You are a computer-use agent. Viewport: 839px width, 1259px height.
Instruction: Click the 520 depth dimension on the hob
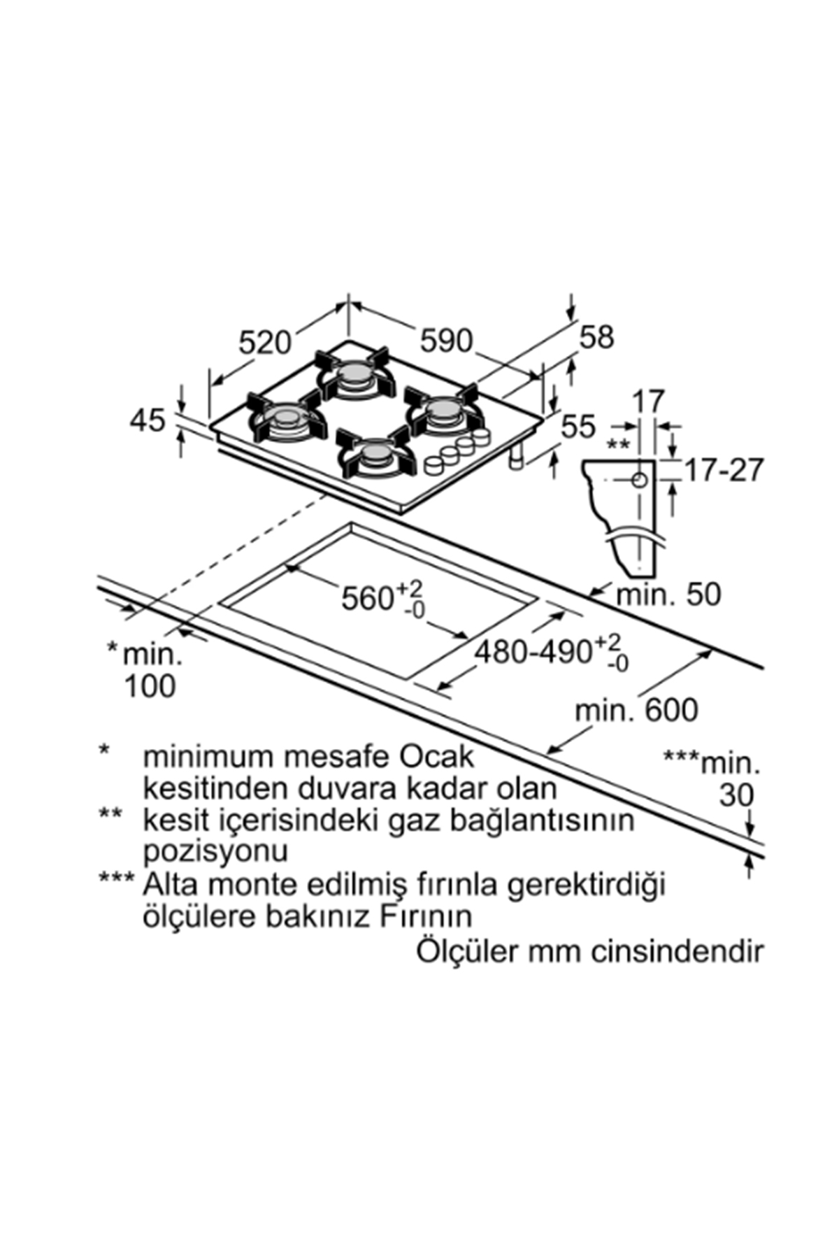click(264, 343)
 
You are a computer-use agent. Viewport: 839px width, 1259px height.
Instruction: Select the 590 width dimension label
click(446, 341)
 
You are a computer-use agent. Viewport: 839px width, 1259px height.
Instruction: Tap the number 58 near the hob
click(596, 337)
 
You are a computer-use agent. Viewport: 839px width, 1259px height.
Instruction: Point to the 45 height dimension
click(148, 420)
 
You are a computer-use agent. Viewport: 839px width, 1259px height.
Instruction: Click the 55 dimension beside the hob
click(578, 427)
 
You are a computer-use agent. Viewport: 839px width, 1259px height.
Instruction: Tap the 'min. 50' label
click(668, 595)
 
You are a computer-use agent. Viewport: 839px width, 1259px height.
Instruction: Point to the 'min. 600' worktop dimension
click(636, 711)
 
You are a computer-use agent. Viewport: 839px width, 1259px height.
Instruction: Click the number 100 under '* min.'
click(150, 686)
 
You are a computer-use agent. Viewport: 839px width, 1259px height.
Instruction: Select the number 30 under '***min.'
click(736, 795)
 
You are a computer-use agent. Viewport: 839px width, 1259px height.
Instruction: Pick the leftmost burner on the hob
click(285, 420)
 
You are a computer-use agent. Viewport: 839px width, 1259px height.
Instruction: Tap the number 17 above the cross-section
click(648, 402)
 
